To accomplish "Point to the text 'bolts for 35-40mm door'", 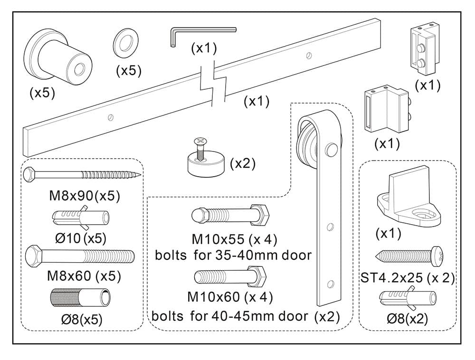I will pos(233,255).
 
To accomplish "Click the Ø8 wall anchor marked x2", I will pos(408,299).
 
